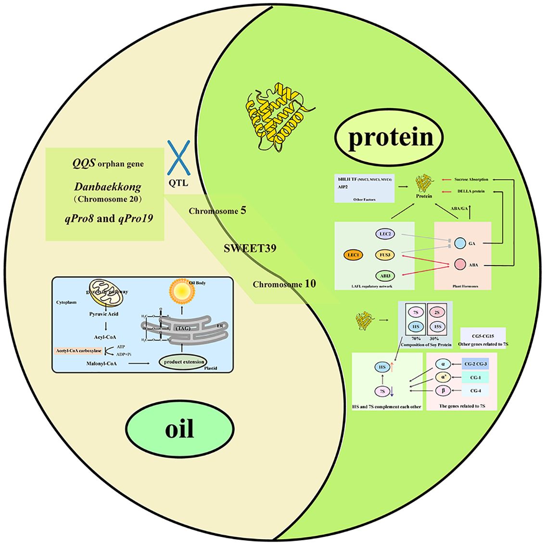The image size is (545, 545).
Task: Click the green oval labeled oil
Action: click(x=179, y=428)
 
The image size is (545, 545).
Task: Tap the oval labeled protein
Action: click(x=390, y=137)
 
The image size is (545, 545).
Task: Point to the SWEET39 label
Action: click(x=249, y=249)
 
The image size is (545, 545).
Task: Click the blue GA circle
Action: click(x=459, y=243)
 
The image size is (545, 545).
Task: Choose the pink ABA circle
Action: click(x=459, y=264)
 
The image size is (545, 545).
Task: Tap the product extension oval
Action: click(x=184, y=362)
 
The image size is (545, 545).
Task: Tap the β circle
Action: click(x=443, y=390)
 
